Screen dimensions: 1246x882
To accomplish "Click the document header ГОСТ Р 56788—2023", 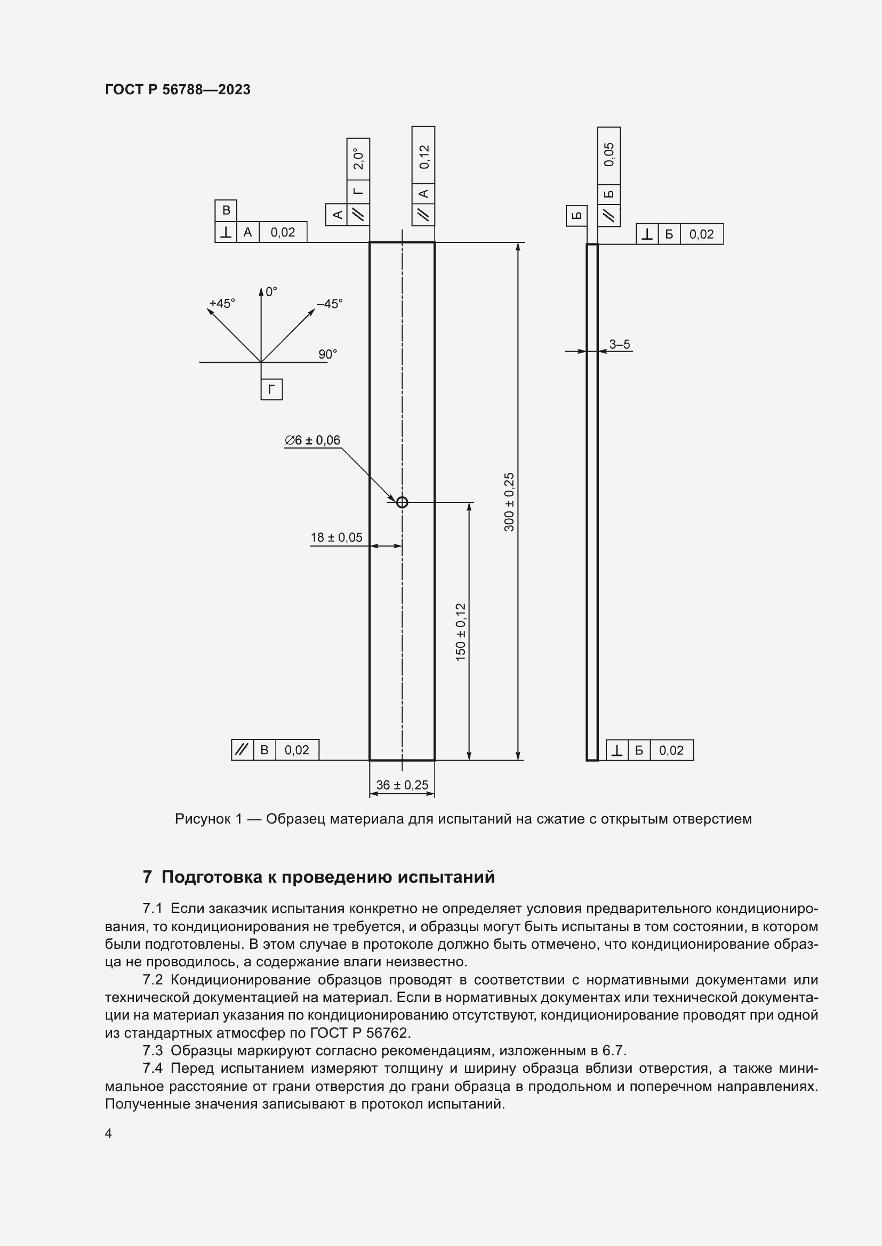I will tap(178, 89).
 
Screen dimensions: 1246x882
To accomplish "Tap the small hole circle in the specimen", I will tap(402, 502).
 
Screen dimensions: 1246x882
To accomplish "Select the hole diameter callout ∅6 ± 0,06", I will tap(312, 440).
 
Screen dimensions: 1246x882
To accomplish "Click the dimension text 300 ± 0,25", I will tap(509, 502).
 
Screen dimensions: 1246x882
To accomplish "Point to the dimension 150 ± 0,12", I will tap(461, 632).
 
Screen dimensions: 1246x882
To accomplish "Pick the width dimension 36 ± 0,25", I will tap(402, 785).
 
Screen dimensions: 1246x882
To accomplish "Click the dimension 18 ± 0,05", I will tap(336, 538).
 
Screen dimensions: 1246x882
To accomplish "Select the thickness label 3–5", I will tap(619, 344).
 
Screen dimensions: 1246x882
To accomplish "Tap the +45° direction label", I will tap(222, 303).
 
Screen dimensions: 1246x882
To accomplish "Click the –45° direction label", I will tap(330, 303).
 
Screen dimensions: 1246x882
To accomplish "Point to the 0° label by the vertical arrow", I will tap(271, 291).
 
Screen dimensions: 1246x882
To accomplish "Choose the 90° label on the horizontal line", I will tap(327, 354).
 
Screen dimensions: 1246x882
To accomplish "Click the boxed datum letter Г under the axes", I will tap(271, 389).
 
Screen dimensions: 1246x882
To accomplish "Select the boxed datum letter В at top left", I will tap(226, 210).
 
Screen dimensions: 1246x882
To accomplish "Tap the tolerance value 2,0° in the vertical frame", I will tap(358, 158).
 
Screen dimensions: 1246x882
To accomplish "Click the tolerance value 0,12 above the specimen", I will tap(423, 156).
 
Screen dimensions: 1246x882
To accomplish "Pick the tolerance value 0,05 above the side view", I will tap(609, 154).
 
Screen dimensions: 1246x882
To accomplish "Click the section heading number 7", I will tap(147, 877).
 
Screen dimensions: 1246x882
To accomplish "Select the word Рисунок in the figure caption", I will tap(202, 819).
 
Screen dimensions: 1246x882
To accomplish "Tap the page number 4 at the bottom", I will tap(109, 1133).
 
